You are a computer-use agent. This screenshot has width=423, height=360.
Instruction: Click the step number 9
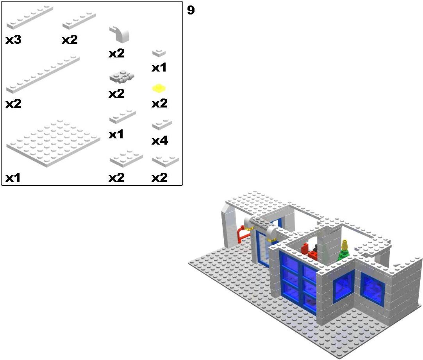191,10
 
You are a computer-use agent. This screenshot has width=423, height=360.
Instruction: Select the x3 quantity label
13,40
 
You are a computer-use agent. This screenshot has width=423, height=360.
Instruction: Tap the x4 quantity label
160,141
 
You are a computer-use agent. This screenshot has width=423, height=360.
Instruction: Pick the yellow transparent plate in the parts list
159,88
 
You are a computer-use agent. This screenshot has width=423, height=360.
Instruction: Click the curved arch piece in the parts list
120,34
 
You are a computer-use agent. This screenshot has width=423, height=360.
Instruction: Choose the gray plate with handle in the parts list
122,77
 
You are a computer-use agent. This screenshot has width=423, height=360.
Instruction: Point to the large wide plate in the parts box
53,143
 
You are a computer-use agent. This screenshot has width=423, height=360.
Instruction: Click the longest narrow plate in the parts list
43,75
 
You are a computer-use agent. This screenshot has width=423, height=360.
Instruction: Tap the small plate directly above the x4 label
162,124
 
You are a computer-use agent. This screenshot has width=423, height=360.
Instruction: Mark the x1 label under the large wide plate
13,178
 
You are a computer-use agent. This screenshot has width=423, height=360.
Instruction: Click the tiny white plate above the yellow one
159,53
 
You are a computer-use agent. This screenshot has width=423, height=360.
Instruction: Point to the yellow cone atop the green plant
344,245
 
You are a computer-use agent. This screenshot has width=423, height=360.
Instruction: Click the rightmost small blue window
373,289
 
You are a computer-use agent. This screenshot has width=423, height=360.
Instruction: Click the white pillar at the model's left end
228,226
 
